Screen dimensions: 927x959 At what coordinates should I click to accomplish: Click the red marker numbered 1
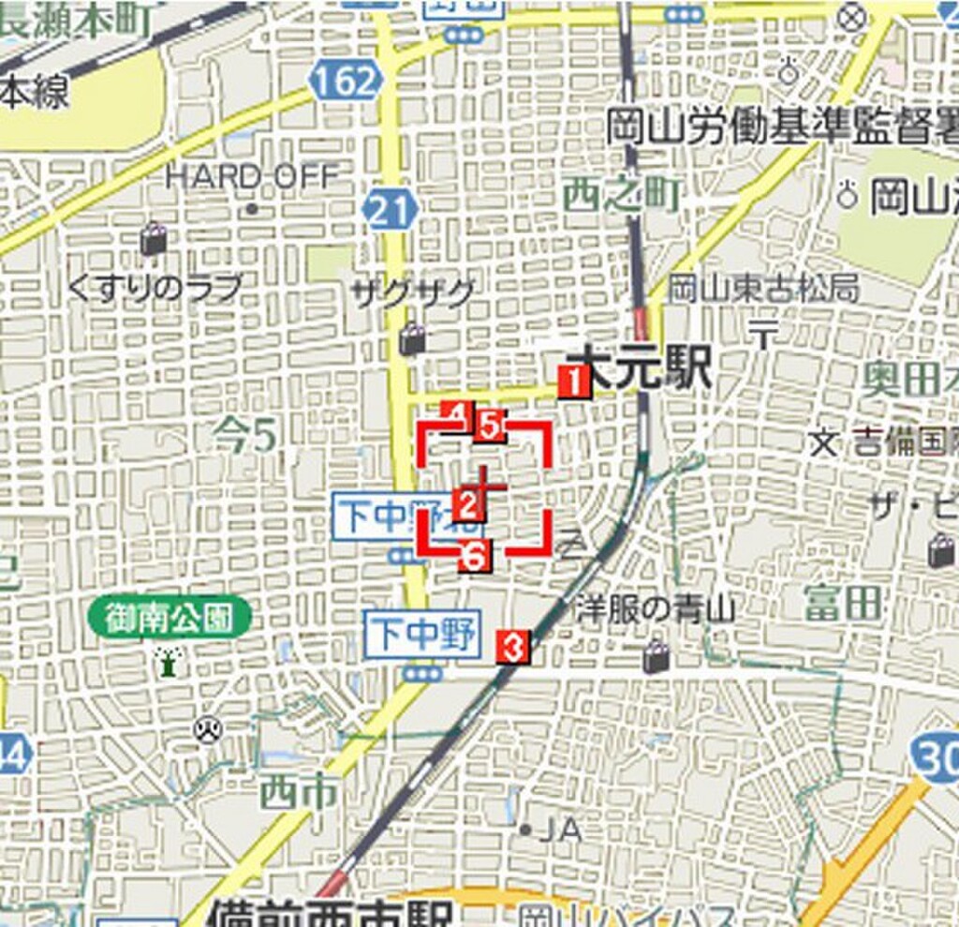574,381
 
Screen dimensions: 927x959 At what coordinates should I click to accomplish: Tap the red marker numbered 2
467,505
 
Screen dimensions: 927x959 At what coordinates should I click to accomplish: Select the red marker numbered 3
513,646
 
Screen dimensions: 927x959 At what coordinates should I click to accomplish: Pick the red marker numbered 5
490,426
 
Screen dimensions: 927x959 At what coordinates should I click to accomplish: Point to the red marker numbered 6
475,556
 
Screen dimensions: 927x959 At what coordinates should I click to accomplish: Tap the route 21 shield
390,209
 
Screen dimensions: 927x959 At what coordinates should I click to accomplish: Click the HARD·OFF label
251,175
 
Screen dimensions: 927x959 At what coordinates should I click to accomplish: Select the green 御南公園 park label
170,618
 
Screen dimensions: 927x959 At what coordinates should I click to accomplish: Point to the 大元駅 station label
644,367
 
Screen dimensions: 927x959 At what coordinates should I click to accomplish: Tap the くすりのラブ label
155,288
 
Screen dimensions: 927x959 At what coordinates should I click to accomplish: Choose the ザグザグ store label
412,293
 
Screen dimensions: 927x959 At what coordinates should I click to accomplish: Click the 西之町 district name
621,195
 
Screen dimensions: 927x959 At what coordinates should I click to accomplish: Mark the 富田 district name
843,603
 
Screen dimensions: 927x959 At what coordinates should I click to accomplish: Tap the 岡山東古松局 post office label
763,289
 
